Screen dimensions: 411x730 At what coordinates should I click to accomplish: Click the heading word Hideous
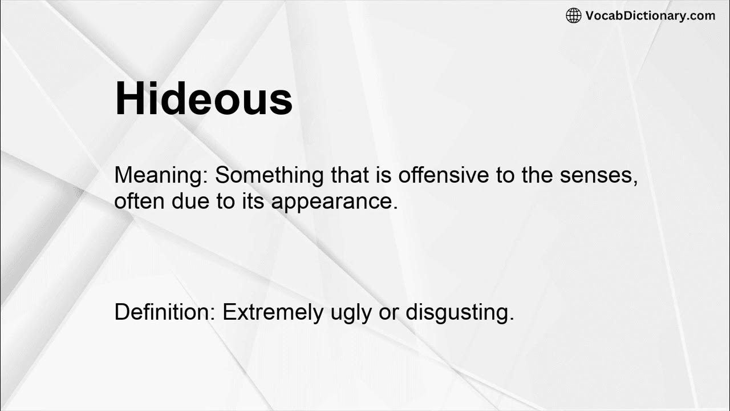pos(204,99)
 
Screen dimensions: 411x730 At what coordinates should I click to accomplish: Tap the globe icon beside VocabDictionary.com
pos(573,15)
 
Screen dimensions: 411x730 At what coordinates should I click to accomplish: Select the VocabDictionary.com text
pos(650,15)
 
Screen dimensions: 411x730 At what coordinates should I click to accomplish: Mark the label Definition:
pos(165,312)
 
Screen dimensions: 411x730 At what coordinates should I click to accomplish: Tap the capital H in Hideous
pos(131,99)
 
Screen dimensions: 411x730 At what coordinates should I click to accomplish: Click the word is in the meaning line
pos(382,175)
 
